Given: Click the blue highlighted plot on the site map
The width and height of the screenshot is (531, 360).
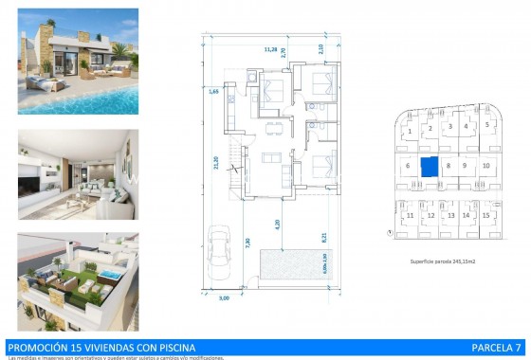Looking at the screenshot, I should tap(430, 167).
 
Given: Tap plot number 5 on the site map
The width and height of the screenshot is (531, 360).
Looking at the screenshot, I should tap(487, 124).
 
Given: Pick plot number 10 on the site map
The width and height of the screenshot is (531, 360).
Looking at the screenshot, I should tap(485, 166).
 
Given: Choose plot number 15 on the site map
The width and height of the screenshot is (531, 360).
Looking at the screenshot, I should tap(486, 215).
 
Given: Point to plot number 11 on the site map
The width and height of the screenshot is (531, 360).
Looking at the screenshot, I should tap(410, 215).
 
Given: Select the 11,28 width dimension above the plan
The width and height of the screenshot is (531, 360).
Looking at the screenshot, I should tap(270, 49).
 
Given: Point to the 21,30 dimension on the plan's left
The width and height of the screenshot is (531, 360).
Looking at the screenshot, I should tap(217, 162).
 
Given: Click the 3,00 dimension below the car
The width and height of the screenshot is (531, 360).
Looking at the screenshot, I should tap(224, 298).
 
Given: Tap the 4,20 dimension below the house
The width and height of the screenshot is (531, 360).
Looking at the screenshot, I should tap(279, 225).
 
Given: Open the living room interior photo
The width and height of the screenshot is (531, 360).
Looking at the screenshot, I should tap(78, 175).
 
